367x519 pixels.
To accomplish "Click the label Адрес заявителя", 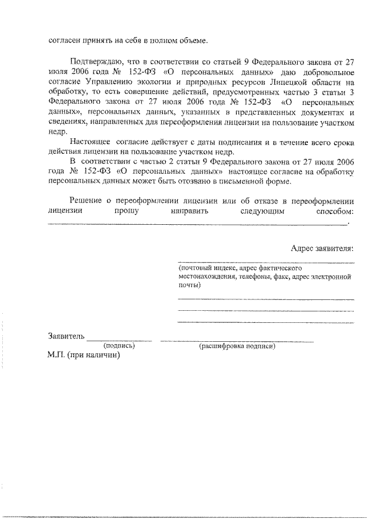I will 322,248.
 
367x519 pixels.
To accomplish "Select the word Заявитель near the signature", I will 66,336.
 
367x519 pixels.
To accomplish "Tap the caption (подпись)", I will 119,346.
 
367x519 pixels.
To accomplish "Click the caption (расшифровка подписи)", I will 237,346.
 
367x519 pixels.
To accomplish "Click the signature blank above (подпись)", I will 119,340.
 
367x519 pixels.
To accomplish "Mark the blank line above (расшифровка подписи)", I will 237,341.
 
